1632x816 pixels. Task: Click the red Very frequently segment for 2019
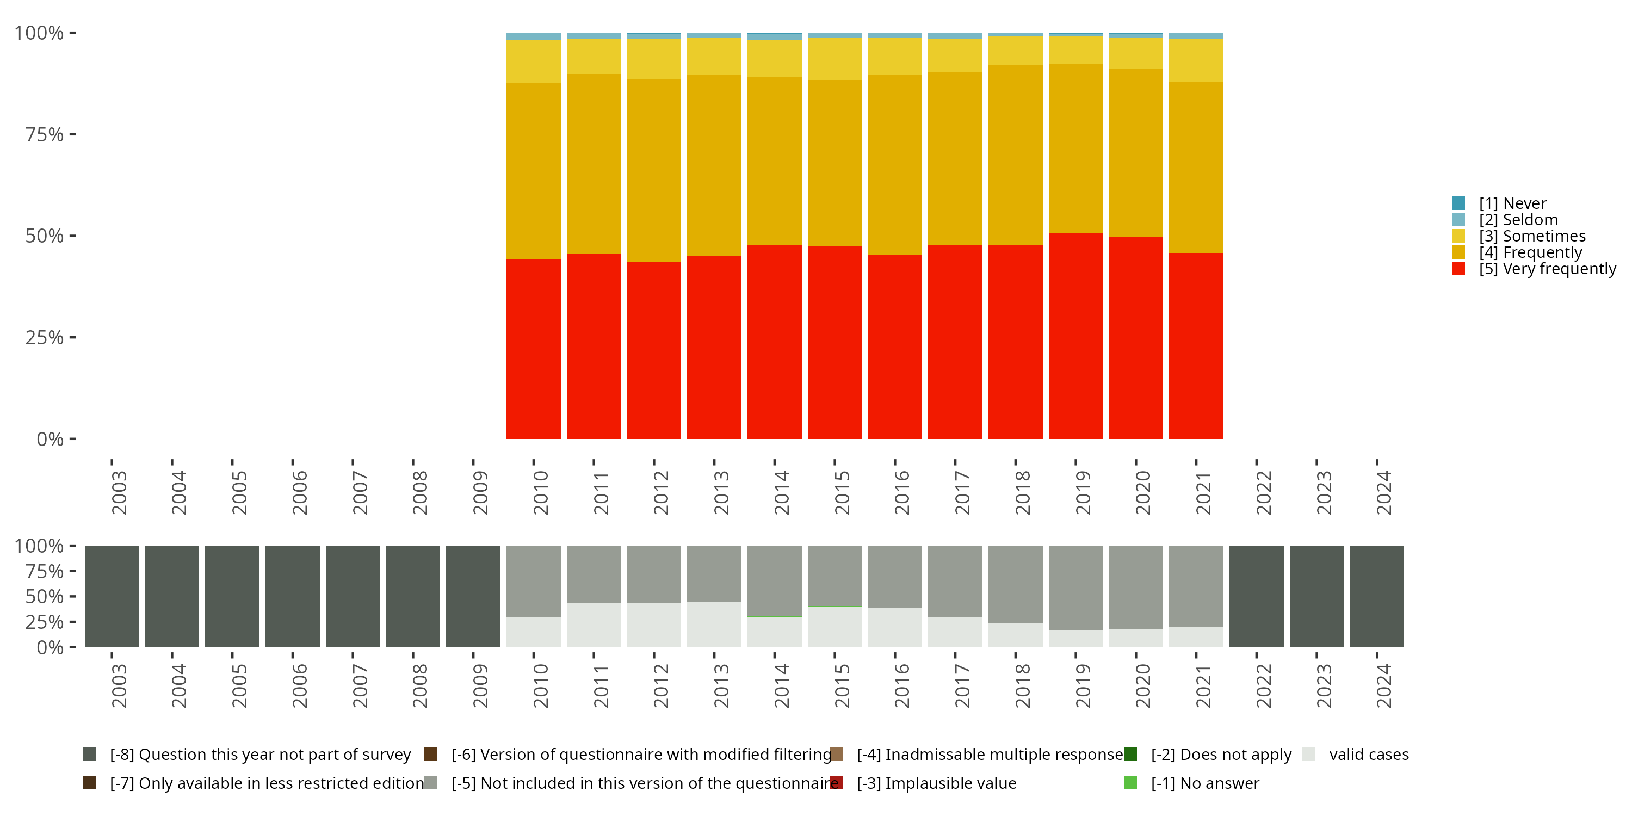point(1075,336)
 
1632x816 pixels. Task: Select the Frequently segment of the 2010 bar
point(534,170)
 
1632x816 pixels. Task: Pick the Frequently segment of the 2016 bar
point(894,165)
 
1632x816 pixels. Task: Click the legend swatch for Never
point(1458,203)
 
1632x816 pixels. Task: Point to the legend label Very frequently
point(1547,269)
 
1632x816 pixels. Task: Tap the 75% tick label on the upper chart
point(45,134)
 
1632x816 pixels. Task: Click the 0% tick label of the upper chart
point(50,439)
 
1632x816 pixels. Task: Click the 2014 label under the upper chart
point(781,492)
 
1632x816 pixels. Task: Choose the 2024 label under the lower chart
point(1383,685)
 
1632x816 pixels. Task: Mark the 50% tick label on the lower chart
point(45,596)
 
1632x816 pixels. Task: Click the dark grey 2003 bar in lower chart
point(112,596)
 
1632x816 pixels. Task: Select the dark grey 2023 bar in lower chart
point(1316,596)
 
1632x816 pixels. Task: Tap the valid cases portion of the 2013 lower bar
point(714,625)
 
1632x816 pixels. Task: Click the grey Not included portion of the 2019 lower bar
point(1075,588)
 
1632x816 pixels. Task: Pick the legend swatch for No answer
point(1130,783)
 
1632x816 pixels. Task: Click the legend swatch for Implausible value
point(837,783)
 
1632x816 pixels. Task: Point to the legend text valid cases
point(1369,755)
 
